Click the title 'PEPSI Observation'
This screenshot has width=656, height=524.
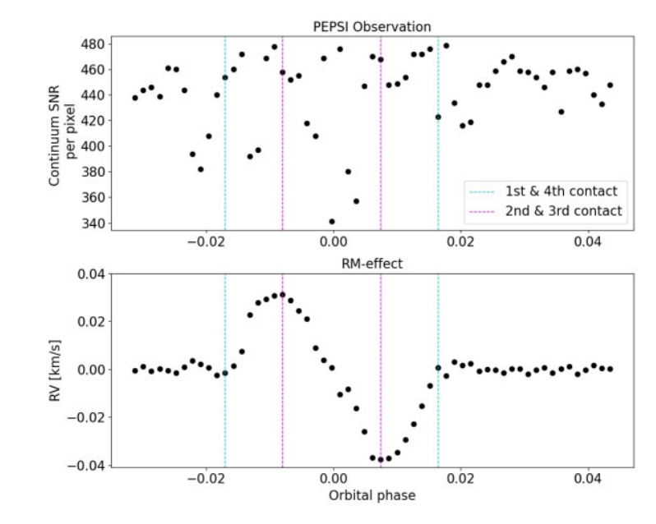pyautogui.click(x=372, y=27)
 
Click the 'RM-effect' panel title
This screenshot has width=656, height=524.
pyautogui.click(x=372, y=264)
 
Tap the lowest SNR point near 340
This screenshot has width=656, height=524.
pyautogui.click(x=332, y=222)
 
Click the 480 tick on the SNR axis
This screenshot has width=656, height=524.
pyautogui.click(x=93, y=44)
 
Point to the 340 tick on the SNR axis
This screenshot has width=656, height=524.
pyautogui.click(x=93, y=223)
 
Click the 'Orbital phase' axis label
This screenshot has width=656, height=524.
pyautogui.click(x=372, y=495)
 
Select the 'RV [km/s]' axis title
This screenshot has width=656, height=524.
pyautogui.click(x=55, y=370)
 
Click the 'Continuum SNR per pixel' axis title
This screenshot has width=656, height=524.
pyautogui.click(x=62, y=136)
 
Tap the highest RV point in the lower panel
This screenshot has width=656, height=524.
pyautogui.click(x=283, y=295)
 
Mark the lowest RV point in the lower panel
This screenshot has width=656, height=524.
pyautogui.click(x=381, y=460)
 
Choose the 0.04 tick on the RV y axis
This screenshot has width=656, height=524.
pyautogui.click(x=92, y=274)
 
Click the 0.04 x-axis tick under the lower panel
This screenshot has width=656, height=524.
pyautogui.click(x=588, y=478)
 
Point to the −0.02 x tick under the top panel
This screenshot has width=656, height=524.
pyautogui.click(x=205, y=241)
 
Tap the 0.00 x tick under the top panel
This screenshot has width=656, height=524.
pyautogui.click(x=334, y=241)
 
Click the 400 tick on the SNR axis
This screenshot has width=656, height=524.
pyautogui.click(x=93, y=146)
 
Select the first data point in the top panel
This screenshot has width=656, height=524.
pyautogui.click(x=135, y=98)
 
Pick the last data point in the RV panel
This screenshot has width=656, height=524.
pyautogui.click(x=610, y=369)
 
